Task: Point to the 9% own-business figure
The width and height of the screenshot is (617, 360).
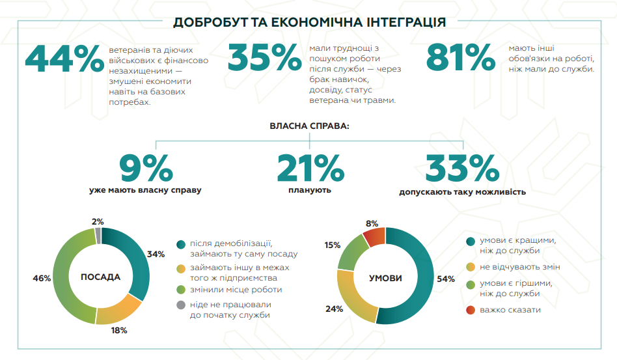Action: click(146, 169)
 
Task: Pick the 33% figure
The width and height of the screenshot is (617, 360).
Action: click(462, 169)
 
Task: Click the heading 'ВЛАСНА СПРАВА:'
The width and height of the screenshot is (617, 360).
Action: click(309, 126)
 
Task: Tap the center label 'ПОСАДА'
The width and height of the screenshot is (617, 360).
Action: click(100, 277)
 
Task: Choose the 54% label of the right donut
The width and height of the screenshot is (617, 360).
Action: click(446, 279)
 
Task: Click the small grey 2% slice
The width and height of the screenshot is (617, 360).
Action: click(98, 235)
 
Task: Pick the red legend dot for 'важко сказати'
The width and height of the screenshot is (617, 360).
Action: click(471, 310)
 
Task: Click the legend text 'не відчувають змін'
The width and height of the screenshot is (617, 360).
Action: click(520, 267)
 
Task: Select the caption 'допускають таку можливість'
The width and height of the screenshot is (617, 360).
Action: click(462, 192)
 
